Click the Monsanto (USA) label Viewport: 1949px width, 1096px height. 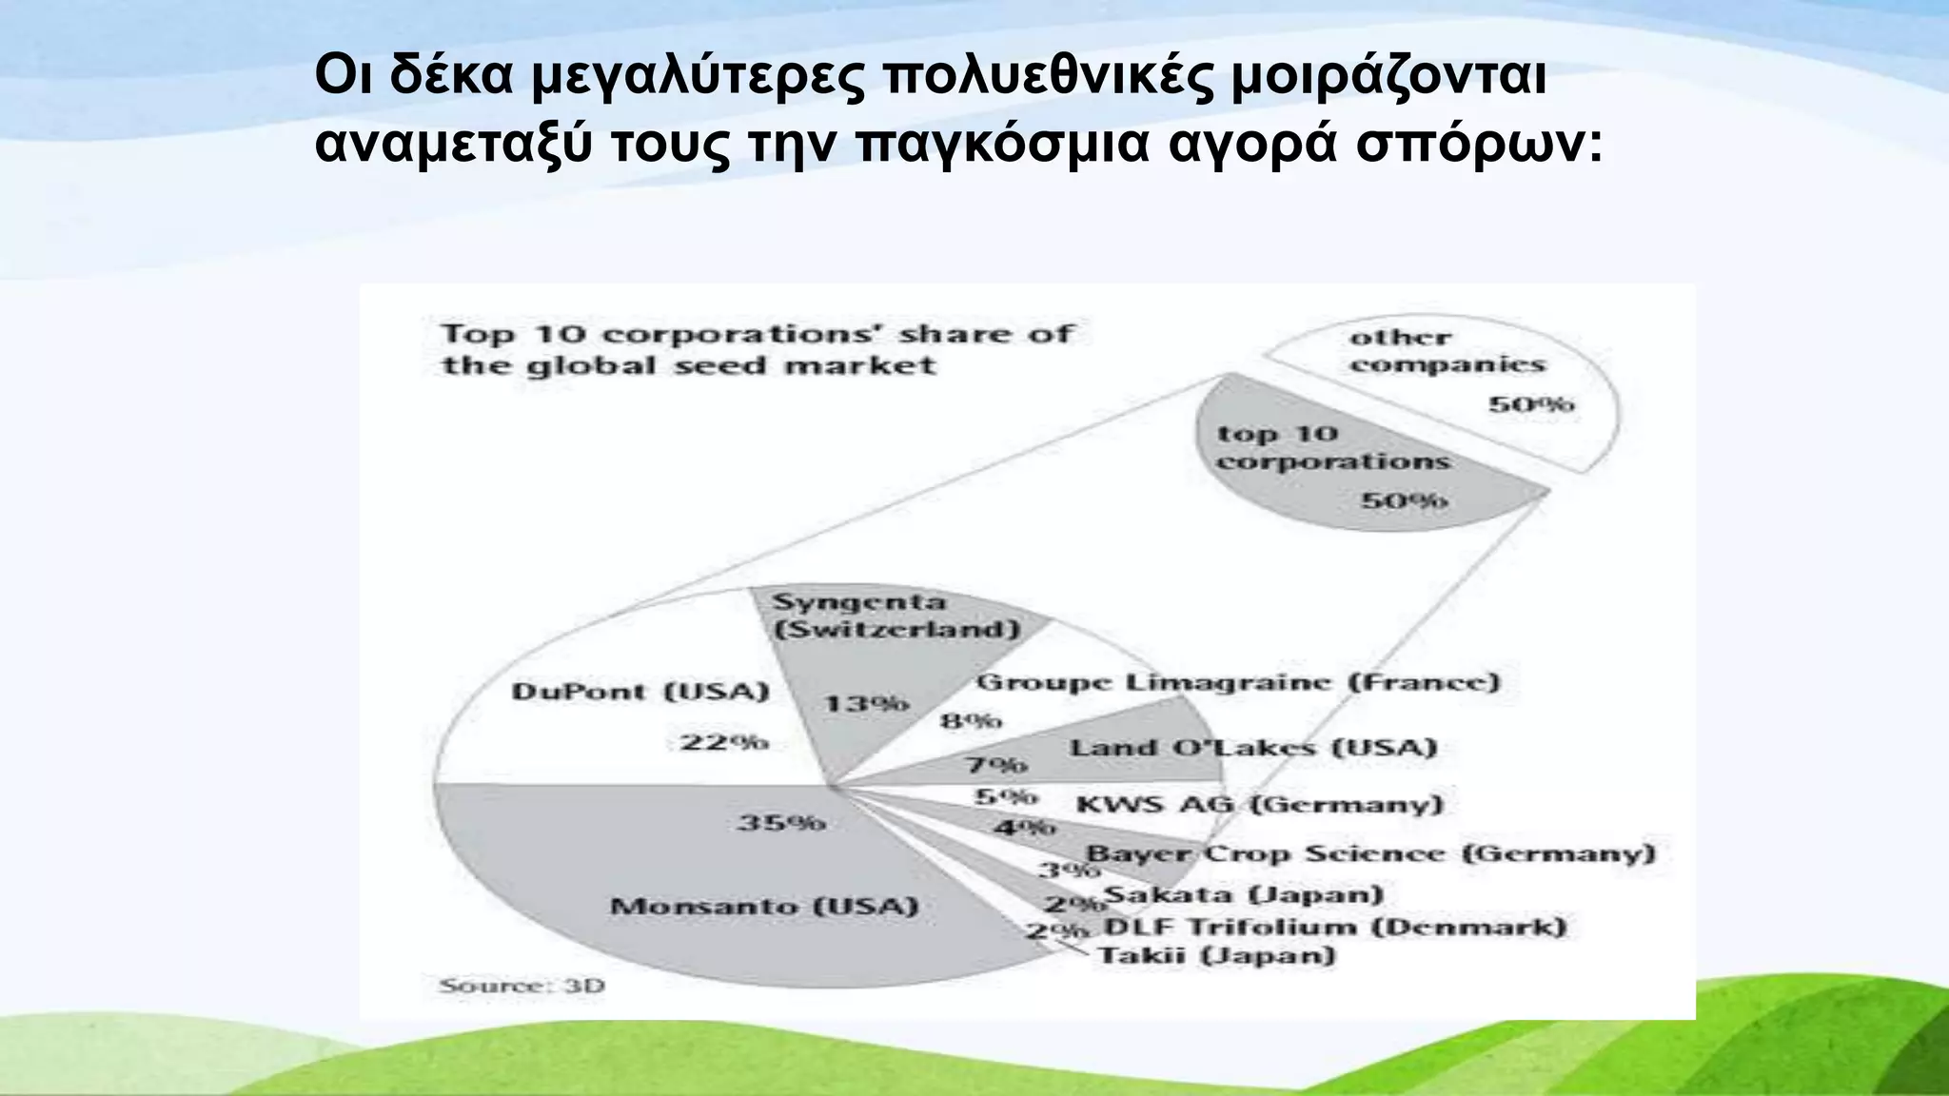[764, 906]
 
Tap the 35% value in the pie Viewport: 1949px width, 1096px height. [781, 822]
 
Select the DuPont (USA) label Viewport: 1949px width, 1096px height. [640, 692]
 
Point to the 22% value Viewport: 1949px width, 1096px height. [724, 741]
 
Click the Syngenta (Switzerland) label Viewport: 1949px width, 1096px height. [896, 616]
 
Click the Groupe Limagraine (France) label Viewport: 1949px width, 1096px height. [1238, 682]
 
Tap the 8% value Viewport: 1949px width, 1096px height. [971, 721]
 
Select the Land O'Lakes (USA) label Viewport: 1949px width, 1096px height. [1253, 748]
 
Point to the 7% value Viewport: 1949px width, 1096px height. [996, 764]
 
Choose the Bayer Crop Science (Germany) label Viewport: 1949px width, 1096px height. [1370, 853]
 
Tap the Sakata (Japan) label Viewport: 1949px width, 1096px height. [1243, 894]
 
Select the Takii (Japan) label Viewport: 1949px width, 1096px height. [1217, 955]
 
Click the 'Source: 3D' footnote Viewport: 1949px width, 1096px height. [522, 986]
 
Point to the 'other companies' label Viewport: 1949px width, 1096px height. [1447, 351]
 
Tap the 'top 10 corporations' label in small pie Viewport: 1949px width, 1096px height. [1332, 448]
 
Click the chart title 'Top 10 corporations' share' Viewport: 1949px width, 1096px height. [758, 349]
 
